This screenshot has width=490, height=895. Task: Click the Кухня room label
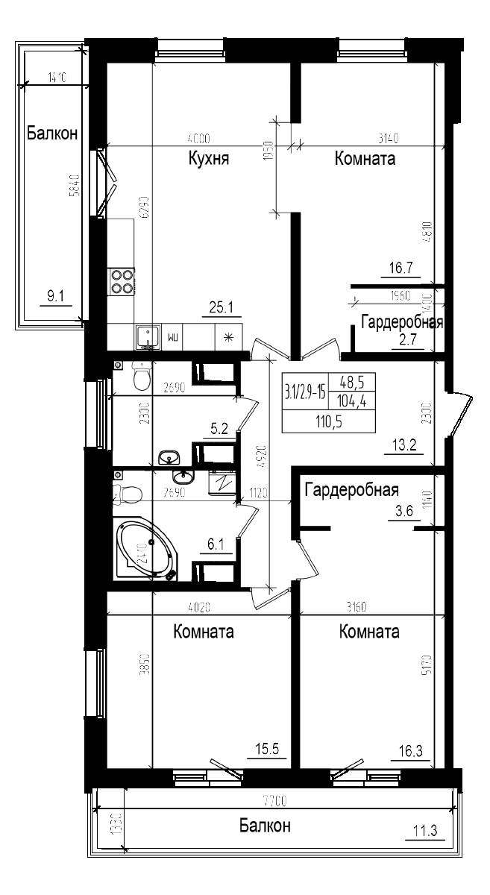pos(208,159)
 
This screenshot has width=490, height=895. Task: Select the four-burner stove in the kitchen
pos(122,280)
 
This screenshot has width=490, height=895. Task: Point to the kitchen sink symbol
pos(147,336)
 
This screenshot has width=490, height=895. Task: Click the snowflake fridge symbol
pos(229,337)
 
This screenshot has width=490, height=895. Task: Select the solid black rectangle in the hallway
pos(328,403)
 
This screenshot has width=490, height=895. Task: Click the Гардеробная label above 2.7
pos(402,322)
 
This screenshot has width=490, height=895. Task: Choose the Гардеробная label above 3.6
pos(351,490)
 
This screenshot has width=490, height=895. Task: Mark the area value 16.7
pos(401,267)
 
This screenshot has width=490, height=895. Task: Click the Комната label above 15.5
pos(203,632)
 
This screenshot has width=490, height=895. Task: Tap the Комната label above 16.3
pos(368,632)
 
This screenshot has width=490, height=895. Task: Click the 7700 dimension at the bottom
pos(274,802)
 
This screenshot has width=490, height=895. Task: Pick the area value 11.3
pos(424,829)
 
